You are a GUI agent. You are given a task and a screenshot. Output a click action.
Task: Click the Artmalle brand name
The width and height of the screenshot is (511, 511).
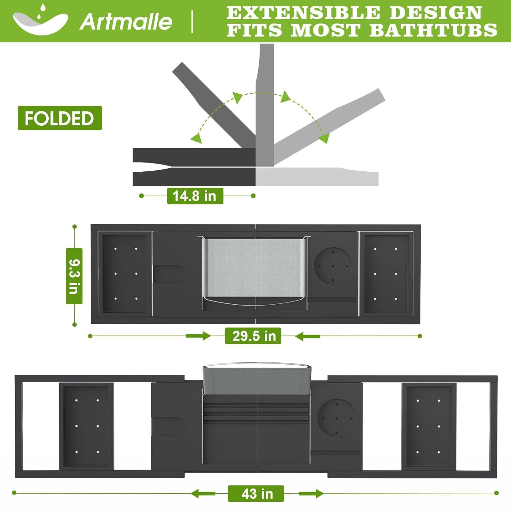click(x=126, y=21)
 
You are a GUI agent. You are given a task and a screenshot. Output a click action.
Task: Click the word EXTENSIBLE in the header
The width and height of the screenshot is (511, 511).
click(x=303, y=13)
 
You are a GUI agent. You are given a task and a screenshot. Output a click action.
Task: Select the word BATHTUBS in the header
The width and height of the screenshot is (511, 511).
click(x=433, y=30)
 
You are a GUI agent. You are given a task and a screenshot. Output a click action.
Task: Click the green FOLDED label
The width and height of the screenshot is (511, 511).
click(x=60, y=118)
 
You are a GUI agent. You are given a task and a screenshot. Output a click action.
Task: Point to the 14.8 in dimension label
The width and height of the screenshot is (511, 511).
click(x=195, y=196)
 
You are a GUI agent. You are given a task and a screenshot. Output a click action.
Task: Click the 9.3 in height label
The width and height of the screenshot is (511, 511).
click(x=74, y=276)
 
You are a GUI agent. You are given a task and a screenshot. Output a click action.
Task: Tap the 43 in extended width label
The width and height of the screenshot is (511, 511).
click(x=256, y=493)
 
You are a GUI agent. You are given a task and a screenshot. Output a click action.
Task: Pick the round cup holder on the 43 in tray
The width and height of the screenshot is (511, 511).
click(x=336, y=418)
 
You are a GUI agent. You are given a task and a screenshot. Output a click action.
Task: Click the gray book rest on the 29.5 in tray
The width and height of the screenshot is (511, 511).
click(x=254, y=267)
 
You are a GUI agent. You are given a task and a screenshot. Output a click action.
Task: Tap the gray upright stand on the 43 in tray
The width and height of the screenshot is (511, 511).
click(x=257, y=379)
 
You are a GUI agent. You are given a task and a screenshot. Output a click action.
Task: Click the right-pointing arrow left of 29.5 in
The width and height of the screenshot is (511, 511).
click(x=198, y=336)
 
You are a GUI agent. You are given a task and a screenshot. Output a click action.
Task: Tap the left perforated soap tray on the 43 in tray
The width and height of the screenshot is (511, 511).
click(x=87, y=426)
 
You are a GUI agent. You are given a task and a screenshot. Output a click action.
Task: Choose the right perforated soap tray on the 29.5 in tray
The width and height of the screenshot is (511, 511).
click(x=386, y=274)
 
